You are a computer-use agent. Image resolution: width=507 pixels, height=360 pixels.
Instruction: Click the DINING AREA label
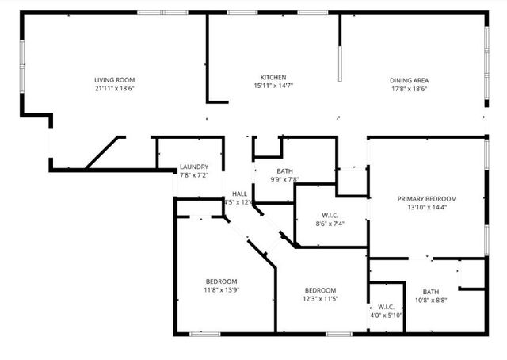tap(409, 80)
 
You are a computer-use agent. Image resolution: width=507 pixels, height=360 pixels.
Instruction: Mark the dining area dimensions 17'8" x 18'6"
tap(409, 89)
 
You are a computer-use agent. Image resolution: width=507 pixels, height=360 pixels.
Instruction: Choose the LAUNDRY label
tap(193, 167)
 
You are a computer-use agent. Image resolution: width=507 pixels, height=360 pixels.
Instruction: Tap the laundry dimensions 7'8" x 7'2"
tap(193, 175)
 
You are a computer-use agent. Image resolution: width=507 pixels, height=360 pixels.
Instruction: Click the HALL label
tap(239, 193)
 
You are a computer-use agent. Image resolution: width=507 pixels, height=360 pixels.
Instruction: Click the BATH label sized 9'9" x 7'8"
tap(285, 171)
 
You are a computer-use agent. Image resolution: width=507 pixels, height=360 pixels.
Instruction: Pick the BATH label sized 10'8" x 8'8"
tap(430, 291)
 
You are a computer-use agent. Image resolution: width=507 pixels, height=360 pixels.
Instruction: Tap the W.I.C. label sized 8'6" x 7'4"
tap(330, 215)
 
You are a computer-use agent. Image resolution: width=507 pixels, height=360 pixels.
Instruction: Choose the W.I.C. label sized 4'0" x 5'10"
tap(386, 307)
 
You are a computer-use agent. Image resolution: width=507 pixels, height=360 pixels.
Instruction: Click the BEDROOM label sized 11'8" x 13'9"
tap(222, 281)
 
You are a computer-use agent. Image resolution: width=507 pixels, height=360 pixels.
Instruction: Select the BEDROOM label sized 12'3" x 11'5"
tap(321, 290)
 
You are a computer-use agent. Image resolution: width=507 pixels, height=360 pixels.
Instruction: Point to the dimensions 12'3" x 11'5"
tap(321, 299)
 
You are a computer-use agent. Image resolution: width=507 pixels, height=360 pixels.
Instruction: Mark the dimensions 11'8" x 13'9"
tap(222, 290)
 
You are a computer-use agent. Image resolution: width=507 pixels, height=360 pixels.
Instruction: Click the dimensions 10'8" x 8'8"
tap(430, 300)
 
